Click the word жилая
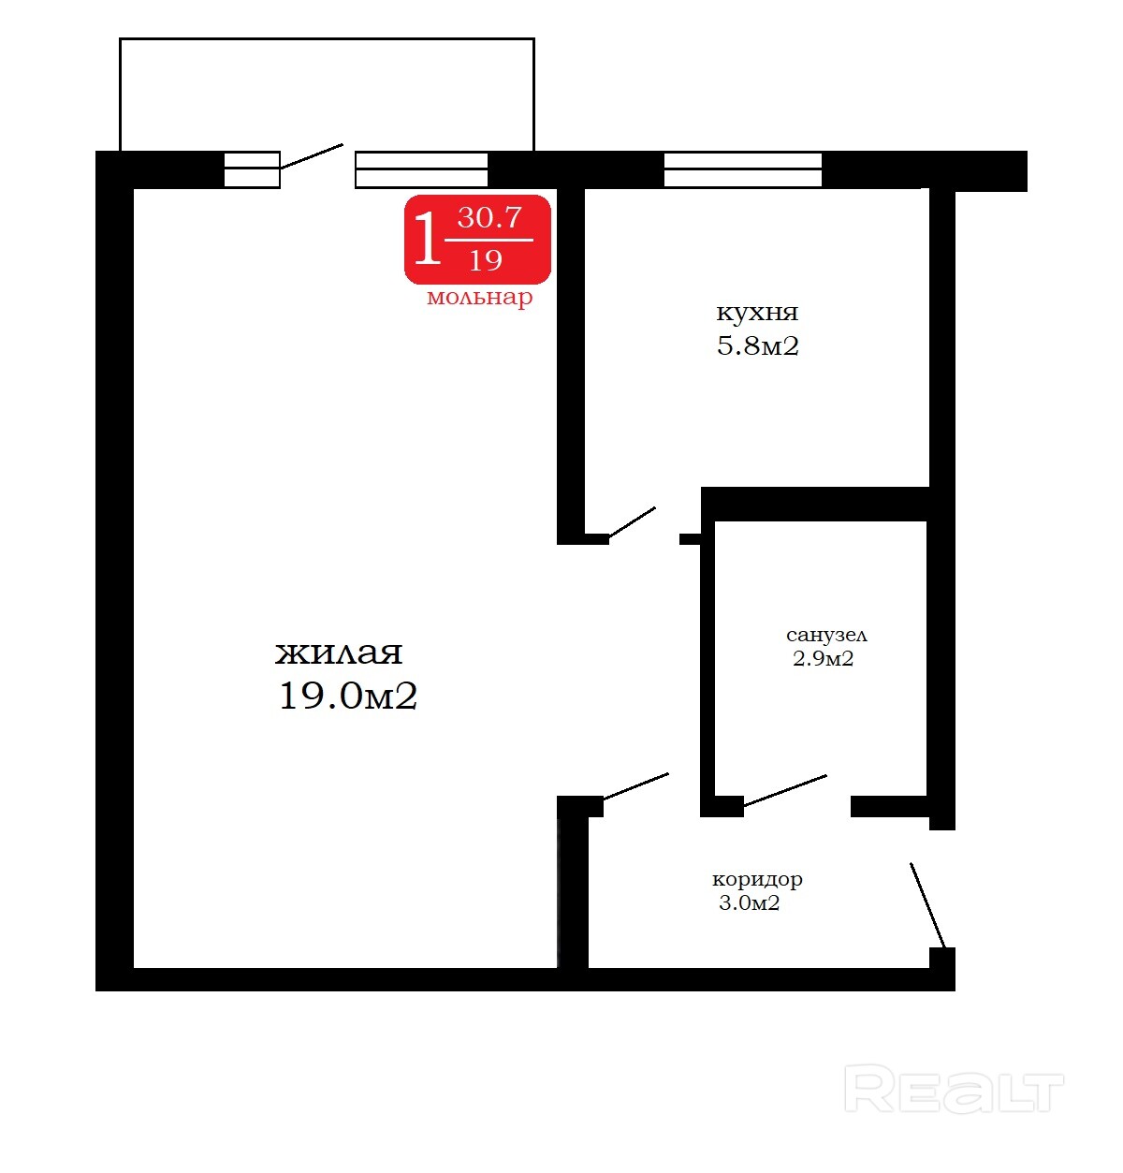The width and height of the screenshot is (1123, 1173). [339, 653]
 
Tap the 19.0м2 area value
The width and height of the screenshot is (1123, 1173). [347, 696]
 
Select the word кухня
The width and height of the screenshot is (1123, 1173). [757, 313]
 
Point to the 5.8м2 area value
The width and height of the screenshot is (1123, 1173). [758, 346]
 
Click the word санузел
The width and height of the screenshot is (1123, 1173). [826, 635]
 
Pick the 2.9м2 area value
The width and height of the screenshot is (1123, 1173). [823, 658]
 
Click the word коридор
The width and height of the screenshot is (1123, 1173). [757, 880]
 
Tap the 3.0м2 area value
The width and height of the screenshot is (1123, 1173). [749, 903]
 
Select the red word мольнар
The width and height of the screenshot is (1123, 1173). [479, 297]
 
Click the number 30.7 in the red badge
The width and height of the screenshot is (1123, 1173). [489, 217]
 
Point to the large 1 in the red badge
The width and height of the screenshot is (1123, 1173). [427, 238]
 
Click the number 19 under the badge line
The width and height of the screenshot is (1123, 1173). [486, 260]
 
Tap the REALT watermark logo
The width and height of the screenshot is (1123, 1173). [955, 1089]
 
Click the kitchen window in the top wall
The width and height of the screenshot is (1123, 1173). [743, 169]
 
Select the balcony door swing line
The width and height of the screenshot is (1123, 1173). [312, 156]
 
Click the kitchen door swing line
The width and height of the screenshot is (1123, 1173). [632, 522]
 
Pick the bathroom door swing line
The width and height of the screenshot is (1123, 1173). [785, 790]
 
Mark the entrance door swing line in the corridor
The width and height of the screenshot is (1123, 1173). [927, 905]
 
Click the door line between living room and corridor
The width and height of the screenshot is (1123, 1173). [635, 786]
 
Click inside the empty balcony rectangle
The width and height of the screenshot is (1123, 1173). [328, 95]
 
